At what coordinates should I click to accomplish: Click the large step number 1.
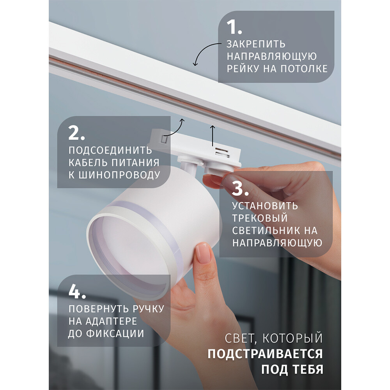234,27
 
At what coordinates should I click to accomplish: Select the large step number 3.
240,188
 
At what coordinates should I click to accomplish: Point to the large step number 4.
77,291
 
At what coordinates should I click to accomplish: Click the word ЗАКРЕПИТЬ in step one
256,44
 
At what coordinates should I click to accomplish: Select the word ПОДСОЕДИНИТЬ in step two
110,151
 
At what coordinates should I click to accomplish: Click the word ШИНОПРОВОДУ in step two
120,175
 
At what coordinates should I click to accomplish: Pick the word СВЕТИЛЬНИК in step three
266,230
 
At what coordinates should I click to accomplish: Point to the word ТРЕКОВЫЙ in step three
260,218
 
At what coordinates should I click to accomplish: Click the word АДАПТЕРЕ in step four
111,321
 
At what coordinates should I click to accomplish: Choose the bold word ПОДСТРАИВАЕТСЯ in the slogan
265,354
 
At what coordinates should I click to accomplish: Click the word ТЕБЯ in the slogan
308,370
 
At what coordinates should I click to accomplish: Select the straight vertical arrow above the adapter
213,136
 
